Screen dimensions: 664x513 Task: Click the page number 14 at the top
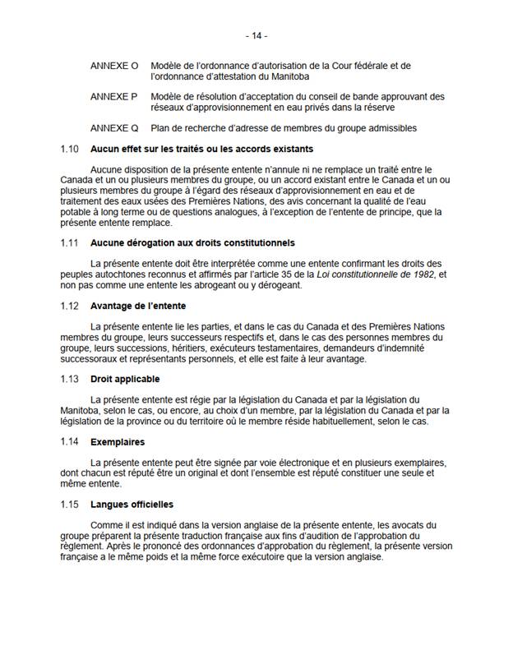tap(256, 36)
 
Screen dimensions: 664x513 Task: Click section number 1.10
tap(71, 149)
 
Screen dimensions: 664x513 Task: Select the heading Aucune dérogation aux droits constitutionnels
tap(192, 243)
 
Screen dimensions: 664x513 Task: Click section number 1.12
tap(71, 306)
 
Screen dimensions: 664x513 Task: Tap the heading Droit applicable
tap(125, 379)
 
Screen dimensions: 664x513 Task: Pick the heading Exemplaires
tap(118, 442)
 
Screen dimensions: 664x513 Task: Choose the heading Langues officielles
tap(132, 504)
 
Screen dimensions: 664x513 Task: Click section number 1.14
tap(71, 442)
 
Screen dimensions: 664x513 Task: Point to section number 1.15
tap(71, 504)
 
